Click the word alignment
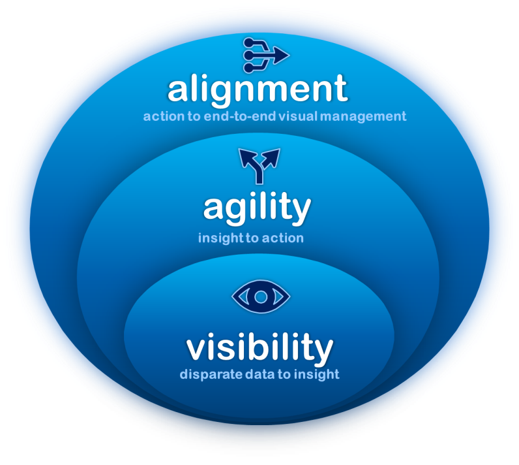pos(258,89)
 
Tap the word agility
pos(257,209)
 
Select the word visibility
pos(259,348)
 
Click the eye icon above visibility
pos(261,297)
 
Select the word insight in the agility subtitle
pos(219,238)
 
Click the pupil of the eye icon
pos(261,297)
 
